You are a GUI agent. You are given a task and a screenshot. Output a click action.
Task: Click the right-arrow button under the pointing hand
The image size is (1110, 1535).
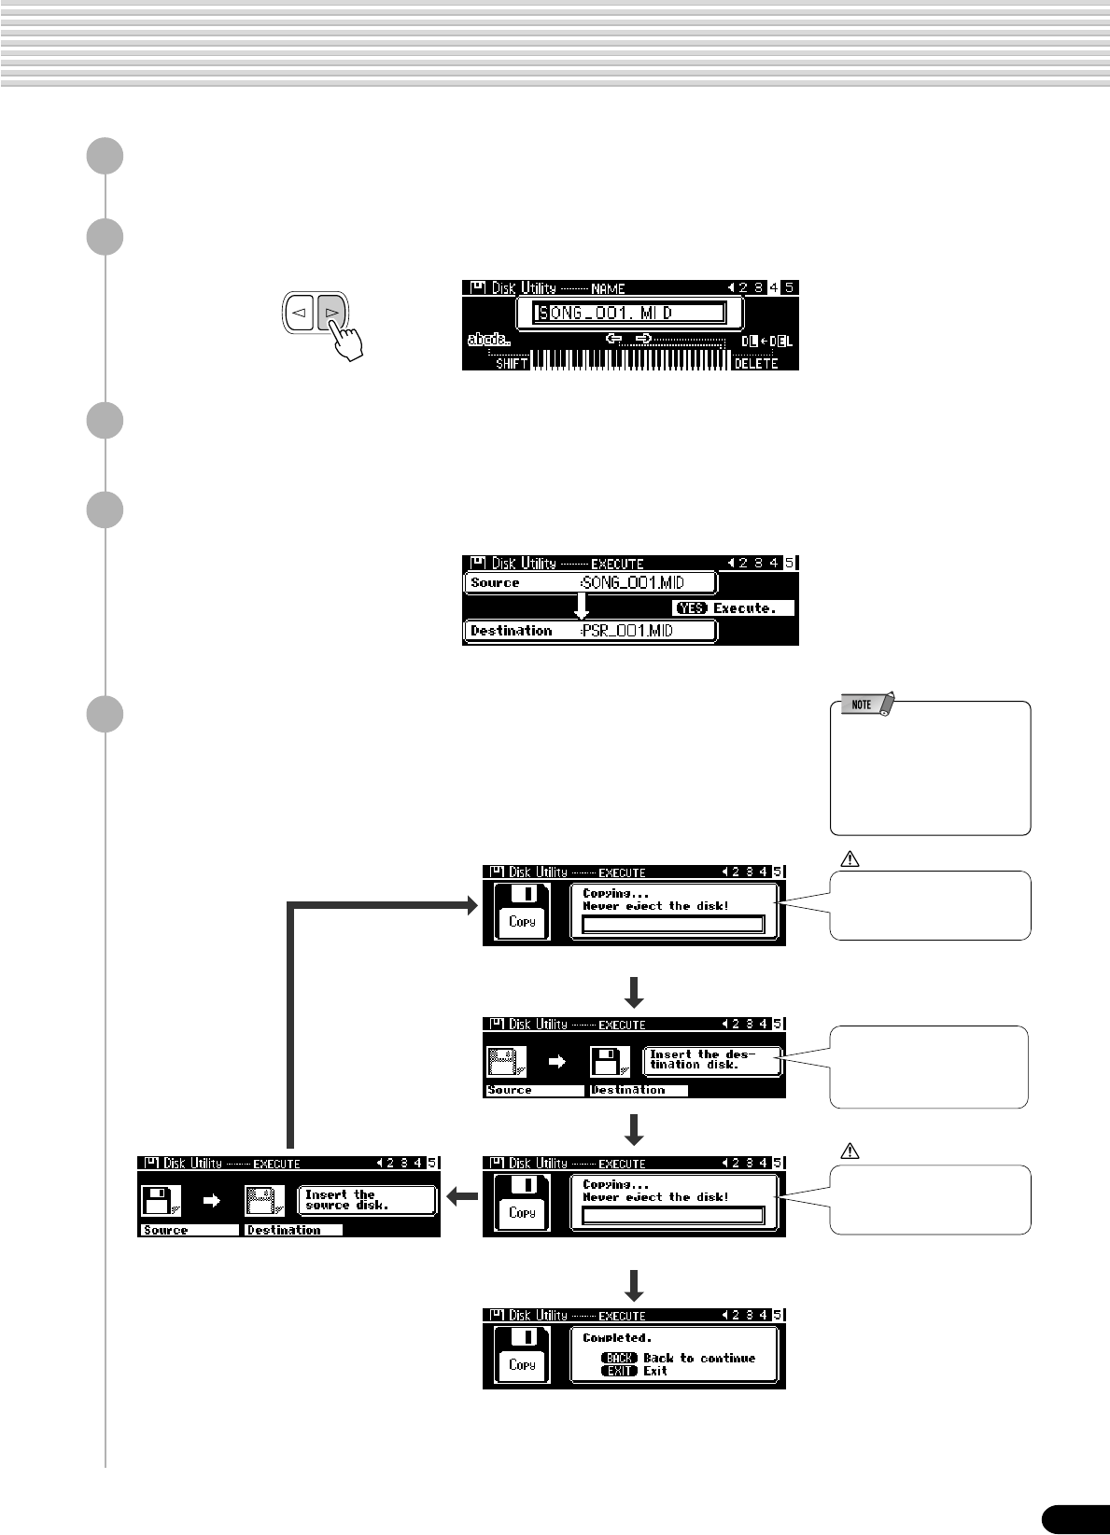coord(331,314)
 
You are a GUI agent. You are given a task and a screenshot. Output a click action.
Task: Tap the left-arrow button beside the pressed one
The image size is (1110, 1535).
coord(300,314)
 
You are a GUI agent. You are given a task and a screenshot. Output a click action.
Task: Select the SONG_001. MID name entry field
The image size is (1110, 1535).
coord(629,314)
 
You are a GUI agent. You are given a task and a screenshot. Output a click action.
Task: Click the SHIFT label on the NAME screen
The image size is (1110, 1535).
coord(512,363)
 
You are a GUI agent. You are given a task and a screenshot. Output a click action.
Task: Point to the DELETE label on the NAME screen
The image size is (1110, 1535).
coord(755,363)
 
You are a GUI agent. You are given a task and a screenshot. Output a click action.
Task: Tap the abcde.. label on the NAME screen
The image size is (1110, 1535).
coord(489,341)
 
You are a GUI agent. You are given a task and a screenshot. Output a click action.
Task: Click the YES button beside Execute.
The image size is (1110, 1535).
coord(691,608)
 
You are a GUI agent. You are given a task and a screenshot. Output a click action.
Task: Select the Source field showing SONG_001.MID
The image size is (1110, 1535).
coord(590,583)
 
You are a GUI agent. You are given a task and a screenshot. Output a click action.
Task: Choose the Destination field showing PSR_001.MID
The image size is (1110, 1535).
coord(590,632)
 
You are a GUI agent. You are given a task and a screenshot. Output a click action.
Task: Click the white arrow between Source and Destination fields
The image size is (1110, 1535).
coord(582,607)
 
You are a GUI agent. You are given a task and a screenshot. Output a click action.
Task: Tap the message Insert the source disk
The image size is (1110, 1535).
coord(366,1200)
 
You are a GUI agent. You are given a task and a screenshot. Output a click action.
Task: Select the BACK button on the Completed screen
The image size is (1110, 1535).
coord(620,1358)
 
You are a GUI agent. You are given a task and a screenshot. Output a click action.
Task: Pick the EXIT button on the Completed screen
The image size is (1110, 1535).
coord(620,1371)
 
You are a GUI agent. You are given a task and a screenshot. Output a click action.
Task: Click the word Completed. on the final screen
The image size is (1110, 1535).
coord(617,1338)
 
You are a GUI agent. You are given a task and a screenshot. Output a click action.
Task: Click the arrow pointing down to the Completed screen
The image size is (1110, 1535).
coord(634,1285)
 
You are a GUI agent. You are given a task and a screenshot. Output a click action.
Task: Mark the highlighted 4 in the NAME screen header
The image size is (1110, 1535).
coord(774,288)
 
